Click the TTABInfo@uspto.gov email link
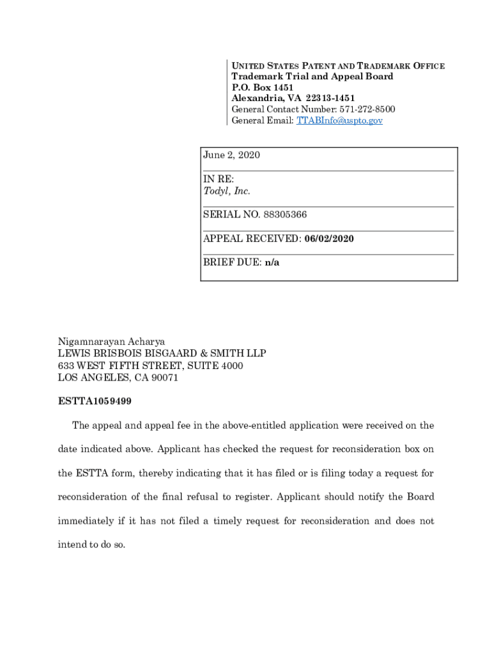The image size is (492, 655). pos(339,120)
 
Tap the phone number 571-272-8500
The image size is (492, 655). pos(367,109)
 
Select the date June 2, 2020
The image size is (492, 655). pos(231,155)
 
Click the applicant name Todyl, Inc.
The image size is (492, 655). pos(227,191)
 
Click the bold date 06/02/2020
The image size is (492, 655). pos(329,239)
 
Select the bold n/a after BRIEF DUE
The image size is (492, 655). pos(272,262)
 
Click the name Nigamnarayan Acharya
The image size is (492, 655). pos(112,342)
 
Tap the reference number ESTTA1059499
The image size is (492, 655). pos(95,402)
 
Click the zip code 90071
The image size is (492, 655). pos(165,377)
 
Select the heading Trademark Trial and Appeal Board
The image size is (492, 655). pos(312,77)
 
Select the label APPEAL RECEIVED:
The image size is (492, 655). pos(252,239)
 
